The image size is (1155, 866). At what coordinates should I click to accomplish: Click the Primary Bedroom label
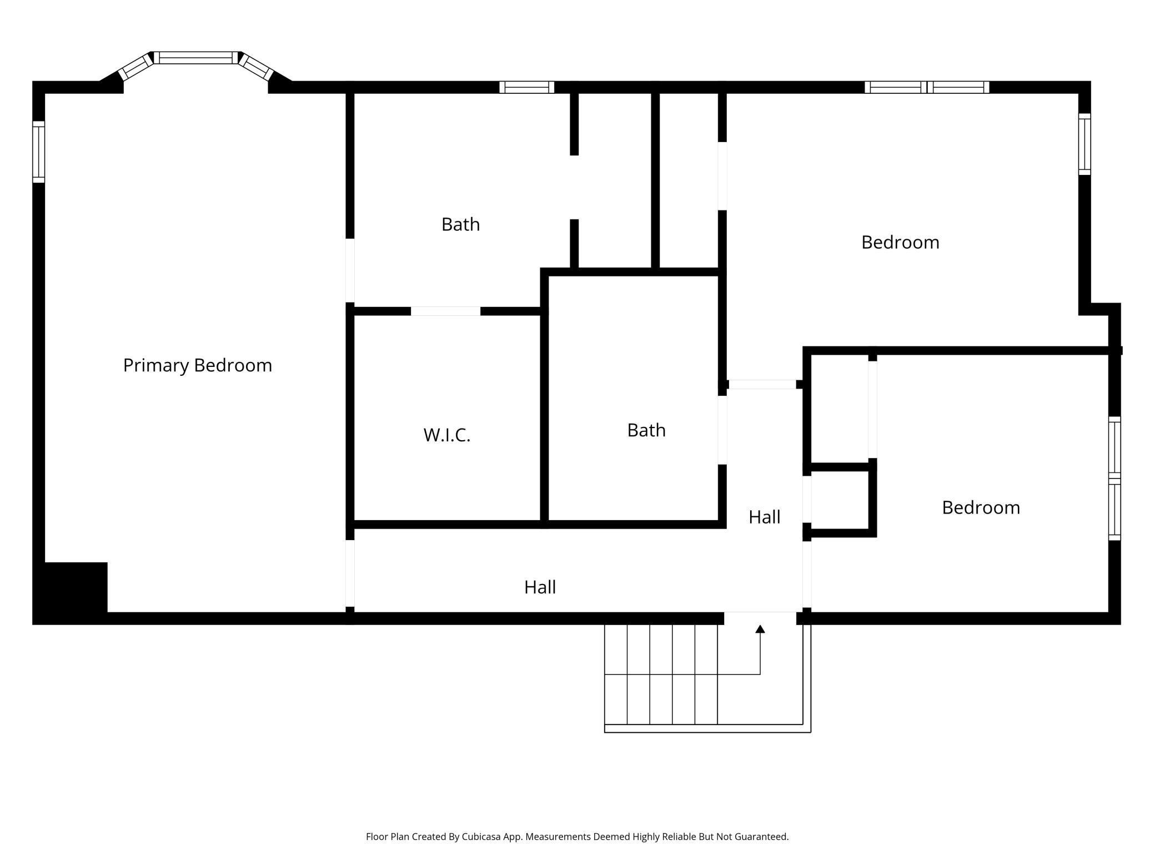point(197,365)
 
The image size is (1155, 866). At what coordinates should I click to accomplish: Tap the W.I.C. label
point(446,435)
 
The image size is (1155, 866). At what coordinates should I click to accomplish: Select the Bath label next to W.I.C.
point(646,430)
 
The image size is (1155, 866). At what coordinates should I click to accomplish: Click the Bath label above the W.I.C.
point(460,224)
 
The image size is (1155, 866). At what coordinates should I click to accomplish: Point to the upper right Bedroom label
point(900,242)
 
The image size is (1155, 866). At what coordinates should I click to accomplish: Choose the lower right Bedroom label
point(980,507)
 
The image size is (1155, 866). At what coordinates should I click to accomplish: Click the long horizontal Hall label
point(540,587)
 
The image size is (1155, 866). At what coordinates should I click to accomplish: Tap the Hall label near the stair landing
point(764,517)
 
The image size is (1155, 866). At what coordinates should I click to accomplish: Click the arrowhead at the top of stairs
point(760,629)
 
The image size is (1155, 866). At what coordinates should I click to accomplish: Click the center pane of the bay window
point(195,58)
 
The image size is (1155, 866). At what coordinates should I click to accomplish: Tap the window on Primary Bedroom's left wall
point(38,152)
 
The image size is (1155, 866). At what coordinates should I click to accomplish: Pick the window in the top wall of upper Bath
point(526,87)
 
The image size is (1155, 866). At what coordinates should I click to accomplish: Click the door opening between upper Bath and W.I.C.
point(445,311)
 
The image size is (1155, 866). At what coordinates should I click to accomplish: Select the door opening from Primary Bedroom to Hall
point(350,573)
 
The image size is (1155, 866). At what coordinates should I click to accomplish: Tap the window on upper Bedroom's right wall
point(1084,144)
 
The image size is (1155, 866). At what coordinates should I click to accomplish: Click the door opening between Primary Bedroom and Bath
point(350,270)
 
